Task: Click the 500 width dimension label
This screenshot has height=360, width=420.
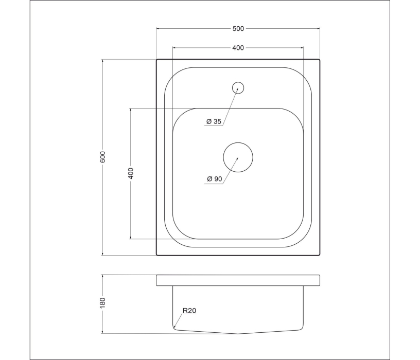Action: pyautogui.click(x=238, y=28)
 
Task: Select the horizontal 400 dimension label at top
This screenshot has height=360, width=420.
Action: pyautogui.click(x=238, y=48)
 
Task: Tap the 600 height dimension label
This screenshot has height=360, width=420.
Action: pyautogui.click(x=103, y=157)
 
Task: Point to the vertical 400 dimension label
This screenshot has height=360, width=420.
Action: pyautogui.click(x=131, y=173)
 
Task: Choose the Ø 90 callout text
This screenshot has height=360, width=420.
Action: pyautogui.click(x=214, y=179)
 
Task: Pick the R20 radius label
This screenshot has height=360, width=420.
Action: pyautogui.click(x=189, y=311)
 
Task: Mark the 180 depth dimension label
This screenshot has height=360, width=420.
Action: pyautogui.click(x=103, y=304)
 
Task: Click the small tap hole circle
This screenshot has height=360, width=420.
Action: pyautogui.click(x=238, y=87)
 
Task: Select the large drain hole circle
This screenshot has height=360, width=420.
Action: pyautogui.click(x=238, y=157)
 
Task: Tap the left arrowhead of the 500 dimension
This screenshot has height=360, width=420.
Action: pyautogui.click(x=157, y=28)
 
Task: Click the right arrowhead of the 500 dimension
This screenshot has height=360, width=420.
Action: pyautogui.click(x=318, y=28)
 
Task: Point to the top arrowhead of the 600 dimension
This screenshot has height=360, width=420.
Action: pyautogui.click(x=103, y=61)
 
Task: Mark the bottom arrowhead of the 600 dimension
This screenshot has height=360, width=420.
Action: pyautogui.click(x=103, y=254)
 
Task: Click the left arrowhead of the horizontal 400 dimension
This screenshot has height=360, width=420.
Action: pyautogui.click(x=174, y=48)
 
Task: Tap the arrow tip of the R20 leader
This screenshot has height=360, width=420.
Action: pyautogui.click(x=174, y=327)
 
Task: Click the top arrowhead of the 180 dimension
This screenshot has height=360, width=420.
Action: pyautogui.click(x=103, y=276)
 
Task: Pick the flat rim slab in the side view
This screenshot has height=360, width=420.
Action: pyautogui.click(x=238, y=280)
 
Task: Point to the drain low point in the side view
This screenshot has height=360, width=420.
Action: pyautogui.click(x=238, y=333)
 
